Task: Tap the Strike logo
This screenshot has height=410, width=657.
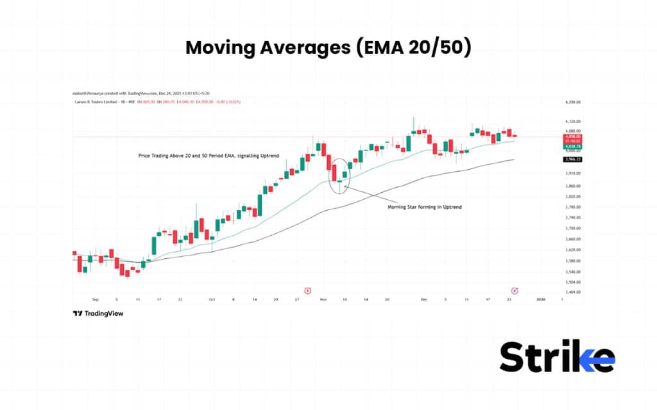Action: [x=557, y=357]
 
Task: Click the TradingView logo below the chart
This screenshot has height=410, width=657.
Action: [x=98, y=313]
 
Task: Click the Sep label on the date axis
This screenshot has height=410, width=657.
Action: [x=96, y=299]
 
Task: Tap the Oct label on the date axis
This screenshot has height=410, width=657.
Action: [x=211, y=299]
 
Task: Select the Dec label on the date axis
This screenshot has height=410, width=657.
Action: [x=423, y=299]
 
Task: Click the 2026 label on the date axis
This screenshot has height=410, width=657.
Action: [x=540, y=299]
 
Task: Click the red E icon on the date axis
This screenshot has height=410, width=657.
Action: [x=308, y=291]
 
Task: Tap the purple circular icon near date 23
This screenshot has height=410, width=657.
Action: [x=514, y=291]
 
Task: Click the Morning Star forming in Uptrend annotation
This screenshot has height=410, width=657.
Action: [x=425, y=207]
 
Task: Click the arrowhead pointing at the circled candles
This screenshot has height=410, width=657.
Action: [x=346, y=186]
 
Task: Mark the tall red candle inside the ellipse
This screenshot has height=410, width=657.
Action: [x=334, y=172]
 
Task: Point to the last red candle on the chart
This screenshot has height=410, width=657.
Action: [x=515, y=135]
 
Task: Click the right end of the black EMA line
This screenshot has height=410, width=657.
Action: [x=513, y=159]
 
